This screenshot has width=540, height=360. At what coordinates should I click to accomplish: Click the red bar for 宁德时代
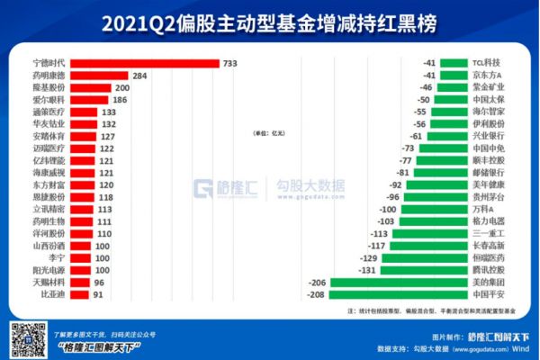point(144,63)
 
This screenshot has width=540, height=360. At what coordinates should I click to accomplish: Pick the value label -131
point(366,269)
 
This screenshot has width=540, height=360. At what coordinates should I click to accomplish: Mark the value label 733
point(230,63)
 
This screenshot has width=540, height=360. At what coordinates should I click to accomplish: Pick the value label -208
point(316,293)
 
